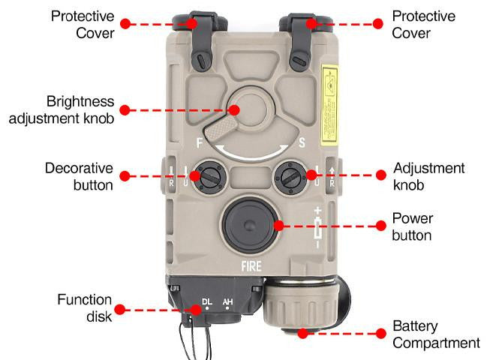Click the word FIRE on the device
(251, 265)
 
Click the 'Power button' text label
(413, 226)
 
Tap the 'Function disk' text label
(85, 307)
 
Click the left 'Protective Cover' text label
(85, 24)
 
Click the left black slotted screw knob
(206, 177)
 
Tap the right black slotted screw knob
(290, 177)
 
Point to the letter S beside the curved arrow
(300, 140)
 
